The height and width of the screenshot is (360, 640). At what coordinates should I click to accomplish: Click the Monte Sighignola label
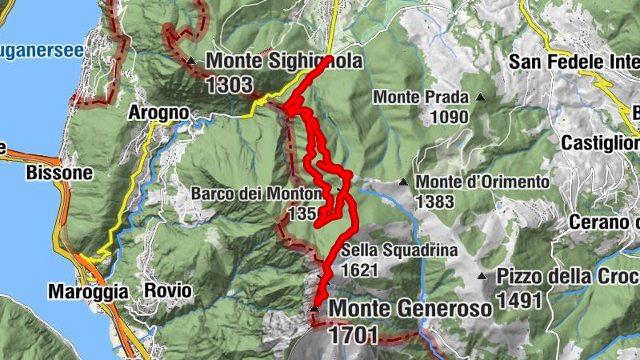coord(284,61)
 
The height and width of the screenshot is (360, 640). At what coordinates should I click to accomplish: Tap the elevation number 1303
coord(230,85)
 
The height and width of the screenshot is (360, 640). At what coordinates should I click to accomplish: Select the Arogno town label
coord(158,114)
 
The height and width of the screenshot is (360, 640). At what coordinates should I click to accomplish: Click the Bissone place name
coord(59,172)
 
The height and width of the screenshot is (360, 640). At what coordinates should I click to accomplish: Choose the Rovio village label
coord(167,291)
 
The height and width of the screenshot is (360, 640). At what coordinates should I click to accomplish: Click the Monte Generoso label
coord(410,308)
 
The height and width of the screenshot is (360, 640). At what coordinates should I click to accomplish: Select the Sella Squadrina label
coord(399,250)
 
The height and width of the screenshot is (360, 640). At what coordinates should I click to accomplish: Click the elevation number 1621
coord(358,270)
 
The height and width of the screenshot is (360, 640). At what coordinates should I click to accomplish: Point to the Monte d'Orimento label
coord(482,182)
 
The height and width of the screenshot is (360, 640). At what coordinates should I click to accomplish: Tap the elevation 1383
coord(435,201)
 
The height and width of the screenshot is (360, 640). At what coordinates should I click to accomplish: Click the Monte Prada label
coord(421,98)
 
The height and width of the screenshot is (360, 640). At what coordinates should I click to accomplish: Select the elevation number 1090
coord(448,118)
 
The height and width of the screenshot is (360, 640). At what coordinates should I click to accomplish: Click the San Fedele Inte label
coord(573,62)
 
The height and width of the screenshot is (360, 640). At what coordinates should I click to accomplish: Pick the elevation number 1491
coord(519,300)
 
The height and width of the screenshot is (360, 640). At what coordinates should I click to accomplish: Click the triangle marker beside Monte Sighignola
coord(190,61)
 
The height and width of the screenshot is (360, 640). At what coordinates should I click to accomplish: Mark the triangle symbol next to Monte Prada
coord(480,98)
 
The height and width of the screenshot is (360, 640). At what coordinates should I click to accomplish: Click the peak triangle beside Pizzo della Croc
coord(482,277)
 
